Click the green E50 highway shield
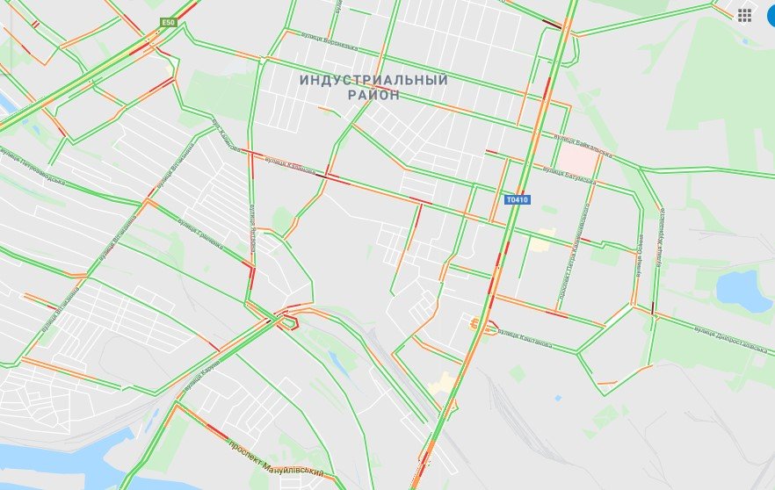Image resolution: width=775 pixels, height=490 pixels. (169, 22)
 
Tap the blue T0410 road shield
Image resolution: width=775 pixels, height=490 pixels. (518, 200)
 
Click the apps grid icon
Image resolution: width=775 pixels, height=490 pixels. (744, 15)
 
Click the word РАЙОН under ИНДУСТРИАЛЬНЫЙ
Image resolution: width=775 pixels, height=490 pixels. (373, 95)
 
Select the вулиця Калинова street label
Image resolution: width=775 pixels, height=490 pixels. (288, 165)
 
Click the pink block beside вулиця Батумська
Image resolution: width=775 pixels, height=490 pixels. (576, 159)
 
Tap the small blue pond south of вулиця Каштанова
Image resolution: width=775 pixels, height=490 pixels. (558, 397)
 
